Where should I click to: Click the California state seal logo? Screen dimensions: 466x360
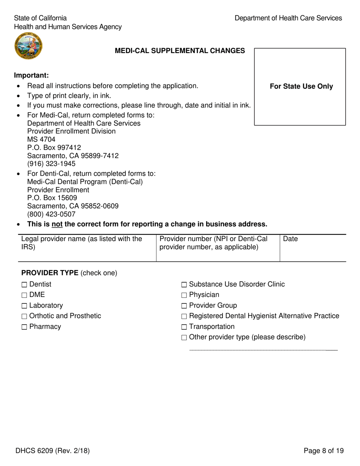(x=28, y=46)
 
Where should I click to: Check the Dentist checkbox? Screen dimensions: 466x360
(x=25, y=285)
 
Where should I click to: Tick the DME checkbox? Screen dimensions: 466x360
(x=25, y=295)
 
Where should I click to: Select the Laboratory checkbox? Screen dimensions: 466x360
(x=25, y=306)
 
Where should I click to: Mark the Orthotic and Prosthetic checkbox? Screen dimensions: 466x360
(x=25, y=316)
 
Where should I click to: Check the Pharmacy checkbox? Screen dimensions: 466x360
(x=25, y=327)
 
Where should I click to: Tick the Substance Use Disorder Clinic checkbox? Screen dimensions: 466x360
(x=184, y=285)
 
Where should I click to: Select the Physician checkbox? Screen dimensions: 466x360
(x=184, y=295)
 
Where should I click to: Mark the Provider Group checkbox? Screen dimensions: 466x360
(x=184, y=306)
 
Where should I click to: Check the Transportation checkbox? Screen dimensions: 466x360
(x=184, y=327)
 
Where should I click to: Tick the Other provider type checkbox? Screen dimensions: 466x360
(x=184, y=338)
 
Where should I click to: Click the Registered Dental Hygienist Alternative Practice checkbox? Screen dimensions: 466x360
(x=184, y=316)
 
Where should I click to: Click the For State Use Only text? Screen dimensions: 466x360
(x=301, y=86)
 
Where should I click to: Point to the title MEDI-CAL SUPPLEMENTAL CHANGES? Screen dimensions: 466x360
(x=180, y=51)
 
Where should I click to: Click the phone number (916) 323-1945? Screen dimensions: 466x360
(x=51, y=164)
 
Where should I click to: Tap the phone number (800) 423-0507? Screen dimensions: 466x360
(x=51, y=214)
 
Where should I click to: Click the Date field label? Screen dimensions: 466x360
(x=290, y=239)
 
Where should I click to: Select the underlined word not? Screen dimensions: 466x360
(x=57, y=224)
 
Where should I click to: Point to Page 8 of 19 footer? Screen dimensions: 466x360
(x=324, y=450)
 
